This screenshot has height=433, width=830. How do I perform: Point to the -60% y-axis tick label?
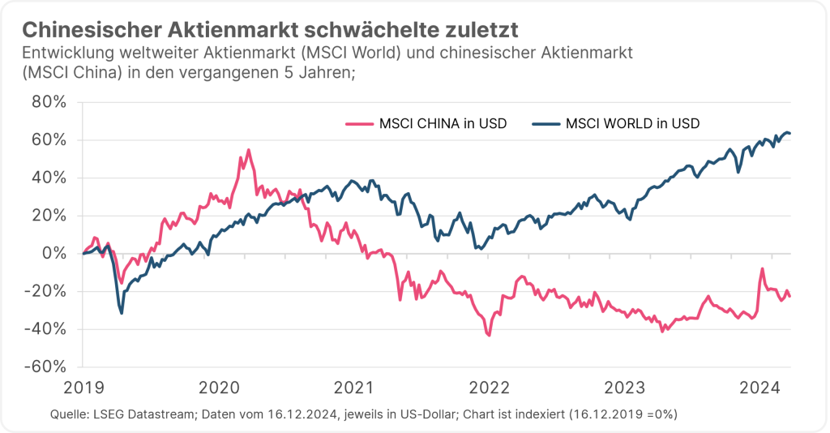(x=47, y=367)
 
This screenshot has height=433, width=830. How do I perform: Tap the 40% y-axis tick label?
(x=50, y=178)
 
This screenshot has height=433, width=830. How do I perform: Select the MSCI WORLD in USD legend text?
(x=633, y=124)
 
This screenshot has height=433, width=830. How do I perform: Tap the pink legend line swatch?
(x=360, y=124)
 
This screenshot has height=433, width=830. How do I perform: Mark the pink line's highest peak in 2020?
(x=248, y=150)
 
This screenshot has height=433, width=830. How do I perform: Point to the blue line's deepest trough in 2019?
(x=122, y=313)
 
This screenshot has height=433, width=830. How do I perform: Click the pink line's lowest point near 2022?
(x=489, y=335)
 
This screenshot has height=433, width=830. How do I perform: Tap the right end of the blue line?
(x=790, y=134)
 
